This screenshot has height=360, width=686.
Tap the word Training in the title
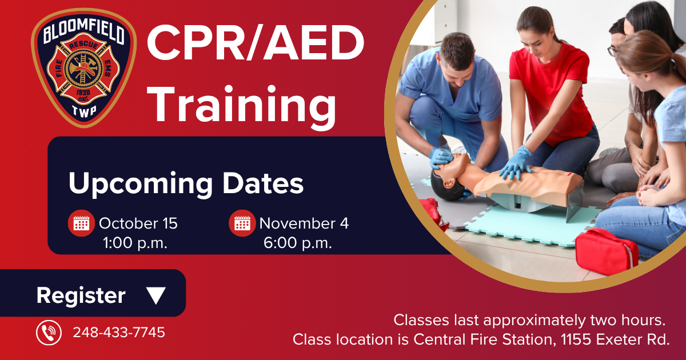pyautogui.click(x=244, y=105)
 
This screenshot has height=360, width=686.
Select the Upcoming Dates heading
pyautogui.click(x=186, y=183)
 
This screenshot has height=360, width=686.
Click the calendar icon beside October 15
pyautogui.click(x=81, y=223)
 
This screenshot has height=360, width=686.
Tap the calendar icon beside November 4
pyautogui.click(x=242, y=223)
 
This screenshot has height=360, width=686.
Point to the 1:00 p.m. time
pyautogui.click(x=135, y=242)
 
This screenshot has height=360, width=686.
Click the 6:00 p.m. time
pyautogui.click(x=297, y=242)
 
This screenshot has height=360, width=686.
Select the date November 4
pyautogui.click(x=304, y=223)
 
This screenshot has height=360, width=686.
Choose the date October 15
pyautogui.click(x=138, y=223)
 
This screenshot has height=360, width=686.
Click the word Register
pyautogui.click(x=81, y=295)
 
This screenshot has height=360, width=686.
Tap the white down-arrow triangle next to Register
pyautogui.click(x=155, y=295)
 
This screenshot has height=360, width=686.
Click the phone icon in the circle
pyautogui.click(x=49, y=332)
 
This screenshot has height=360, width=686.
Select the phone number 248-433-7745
pyautogui.click(x=118, y=332)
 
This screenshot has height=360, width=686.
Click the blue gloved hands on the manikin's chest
pyautogui.click(x=516, y=163)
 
